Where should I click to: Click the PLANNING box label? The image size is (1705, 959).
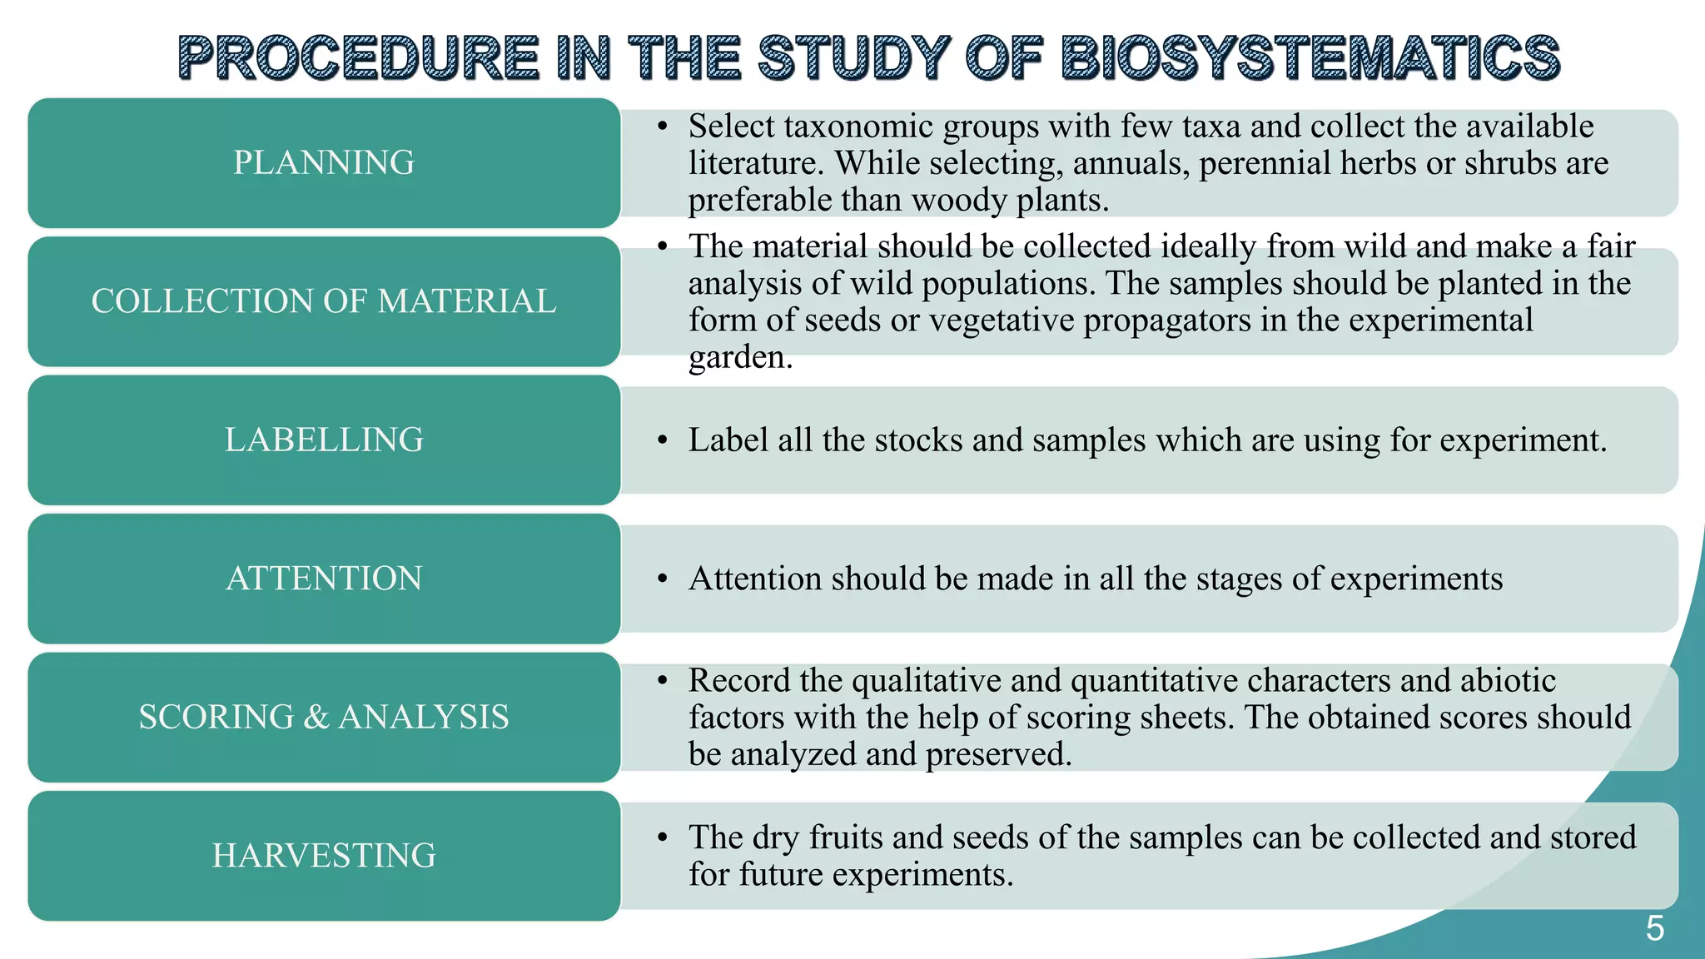324,162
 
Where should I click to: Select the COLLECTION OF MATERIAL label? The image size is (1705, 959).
324,301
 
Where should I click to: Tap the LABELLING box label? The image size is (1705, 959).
324,440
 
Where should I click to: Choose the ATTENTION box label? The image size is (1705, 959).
324,579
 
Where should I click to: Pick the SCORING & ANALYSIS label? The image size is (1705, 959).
324,717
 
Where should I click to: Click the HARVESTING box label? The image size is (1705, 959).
324,856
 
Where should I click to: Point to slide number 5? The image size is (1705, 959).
1654,928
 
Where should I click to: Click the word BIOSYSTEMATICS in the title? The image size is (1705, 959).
1310,58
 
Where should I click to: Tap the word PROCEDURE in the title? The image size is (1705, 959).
359,58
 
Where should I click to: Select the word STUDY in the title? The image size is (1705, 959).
853,58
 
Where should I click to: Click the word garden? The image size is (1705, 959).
739,358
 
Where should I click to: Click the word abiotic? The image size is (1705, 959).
1508,681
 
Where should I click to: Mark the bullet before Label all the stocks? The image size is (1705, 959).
662,440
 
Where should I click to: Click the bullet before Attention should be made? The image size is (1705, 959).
662,579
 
